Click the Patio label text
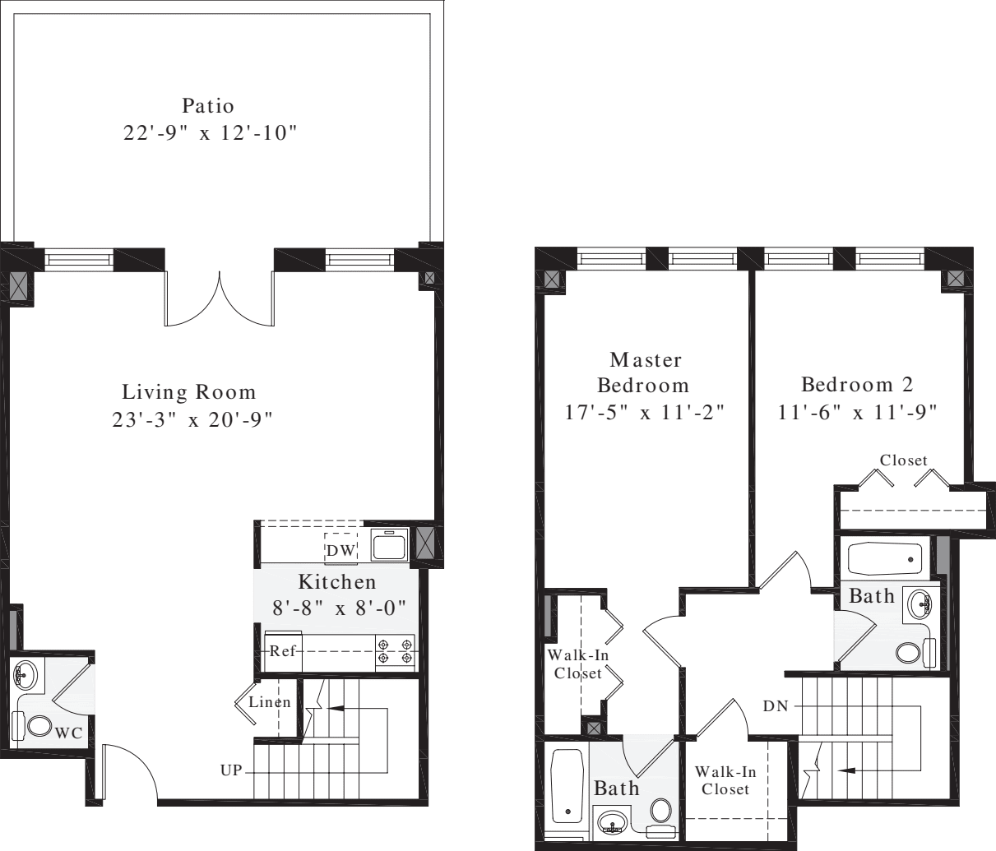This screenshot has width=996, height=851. (208, 106)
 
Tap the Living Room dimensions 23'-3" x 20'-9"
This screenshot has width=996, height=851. (192, 420)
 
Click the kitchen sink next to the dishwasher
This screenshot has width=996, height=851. (388, 545)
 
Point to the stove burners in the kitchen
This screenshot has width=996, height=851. (395, 651)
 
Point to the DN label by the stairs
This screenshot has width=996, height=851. (775, 705)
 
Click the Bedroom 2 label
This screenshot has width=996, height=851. (856, 385)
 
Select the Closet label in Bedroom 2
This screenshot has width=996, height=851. (903, 460)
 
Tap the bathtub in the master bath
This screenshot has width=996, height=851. (566, 785)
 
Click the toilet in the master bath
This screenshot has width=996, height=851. (660, 811)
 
